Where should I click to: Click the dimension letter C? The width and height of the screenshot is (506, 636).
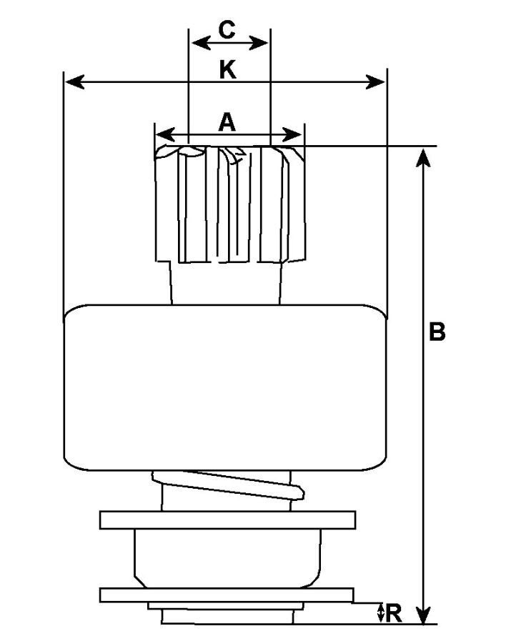[x=227, y=30]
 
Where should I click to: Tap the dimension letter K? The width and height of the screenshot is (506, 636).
[x=227, y=69]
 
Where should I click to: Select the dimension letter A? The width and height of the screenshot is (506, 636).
[x=227, y=123]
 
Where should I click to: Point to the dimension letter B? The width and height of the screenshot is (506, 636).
[x=437, y=332]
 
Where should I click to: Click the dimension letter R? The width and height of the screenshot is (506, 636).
[x=394, y=613]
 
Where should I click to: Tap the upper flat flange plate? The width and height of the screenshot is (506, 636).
[x=227, y=520]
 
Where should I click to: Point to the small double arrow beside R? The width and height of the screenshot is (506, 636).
[x=381, y=612]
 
